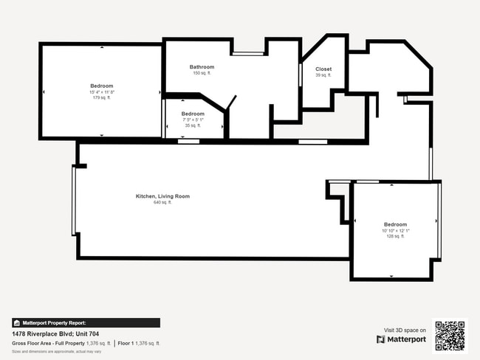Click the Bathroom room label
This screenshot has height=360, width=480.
[x=202, y=67]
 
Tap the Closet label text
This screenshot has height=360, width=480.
[x=323, y=69]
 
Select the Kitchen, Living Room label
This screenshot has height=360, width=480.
[x=162, y=196]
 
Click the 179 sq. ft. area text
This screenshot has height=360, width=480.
[x=101, y=97]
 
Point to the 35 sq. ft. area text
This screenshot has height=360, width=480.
[x=193, y=125]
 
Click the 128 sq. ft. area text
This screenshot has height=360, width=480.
[x=395, y=236]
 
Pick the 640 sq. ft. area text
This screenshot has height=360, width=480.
[x=162, y=202]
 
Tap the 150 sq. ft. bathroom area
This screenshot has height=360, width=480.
[x=202, y=73]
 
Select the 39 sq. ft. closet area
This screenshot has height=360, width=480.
[x=323, y=75]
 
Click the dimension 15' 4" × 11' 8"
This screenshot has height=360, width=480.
[x=101, y=91]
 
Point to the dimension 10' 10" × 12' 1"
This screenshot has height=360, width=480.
[x=395, y=230]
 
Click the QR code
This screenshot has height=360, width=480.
[x=450, y=335]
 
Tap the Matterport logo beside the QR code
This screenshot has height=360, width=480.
[x=401, y=339]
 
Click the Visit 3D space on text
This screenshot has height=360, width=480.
[x=405, y=330]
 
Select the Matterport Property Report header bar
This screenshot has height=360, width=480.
[x=86, y=322]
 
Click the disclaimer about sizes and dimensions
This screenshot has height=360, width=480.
[x=56, y=351]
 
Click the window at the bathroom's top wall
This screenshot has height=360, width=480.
[x=249, y=54]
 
